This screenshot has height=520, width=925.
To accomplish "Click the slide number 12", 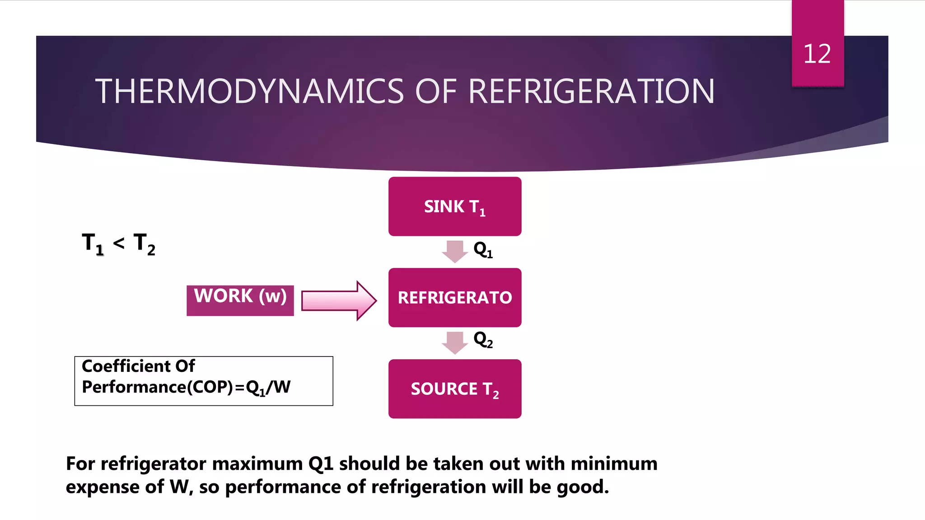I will (817, 54).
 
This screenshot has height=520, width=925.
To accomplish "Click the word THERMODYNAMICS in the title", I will (249, 92).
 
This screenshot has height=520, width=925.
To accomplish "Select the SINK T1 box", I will (454, 206).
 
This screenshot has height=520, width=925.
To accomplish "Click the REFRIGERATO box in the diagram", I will (454, 297).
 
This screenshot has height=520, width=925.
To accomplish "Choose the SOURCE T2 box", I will (454, 389).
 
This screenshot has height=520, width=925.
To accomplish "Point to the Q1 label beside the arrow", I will (483, 250).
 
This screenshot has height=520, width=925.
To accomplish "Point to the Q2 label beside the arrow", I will (483, 340).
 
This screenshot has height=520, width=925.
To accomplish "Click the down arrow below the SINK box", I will (454, 251).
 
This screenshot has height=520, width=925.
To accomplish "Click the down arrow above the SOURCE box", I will (454, 342).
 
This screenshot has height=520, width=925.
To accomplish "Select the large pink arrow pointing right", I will (339, 301).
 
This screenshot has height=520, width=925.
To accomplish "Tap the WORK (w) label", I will (240, 297).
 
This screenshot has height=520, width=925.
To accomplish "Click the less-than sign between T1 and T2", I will (119, 244).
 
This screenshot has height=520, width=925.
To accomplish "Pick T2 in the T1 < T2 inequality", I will (145, 244).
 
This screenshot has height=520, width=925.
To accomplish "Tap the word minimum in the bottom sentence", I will (614, 464).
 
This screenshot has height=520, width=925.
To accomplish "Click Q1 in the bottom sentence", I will (321, 464).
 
